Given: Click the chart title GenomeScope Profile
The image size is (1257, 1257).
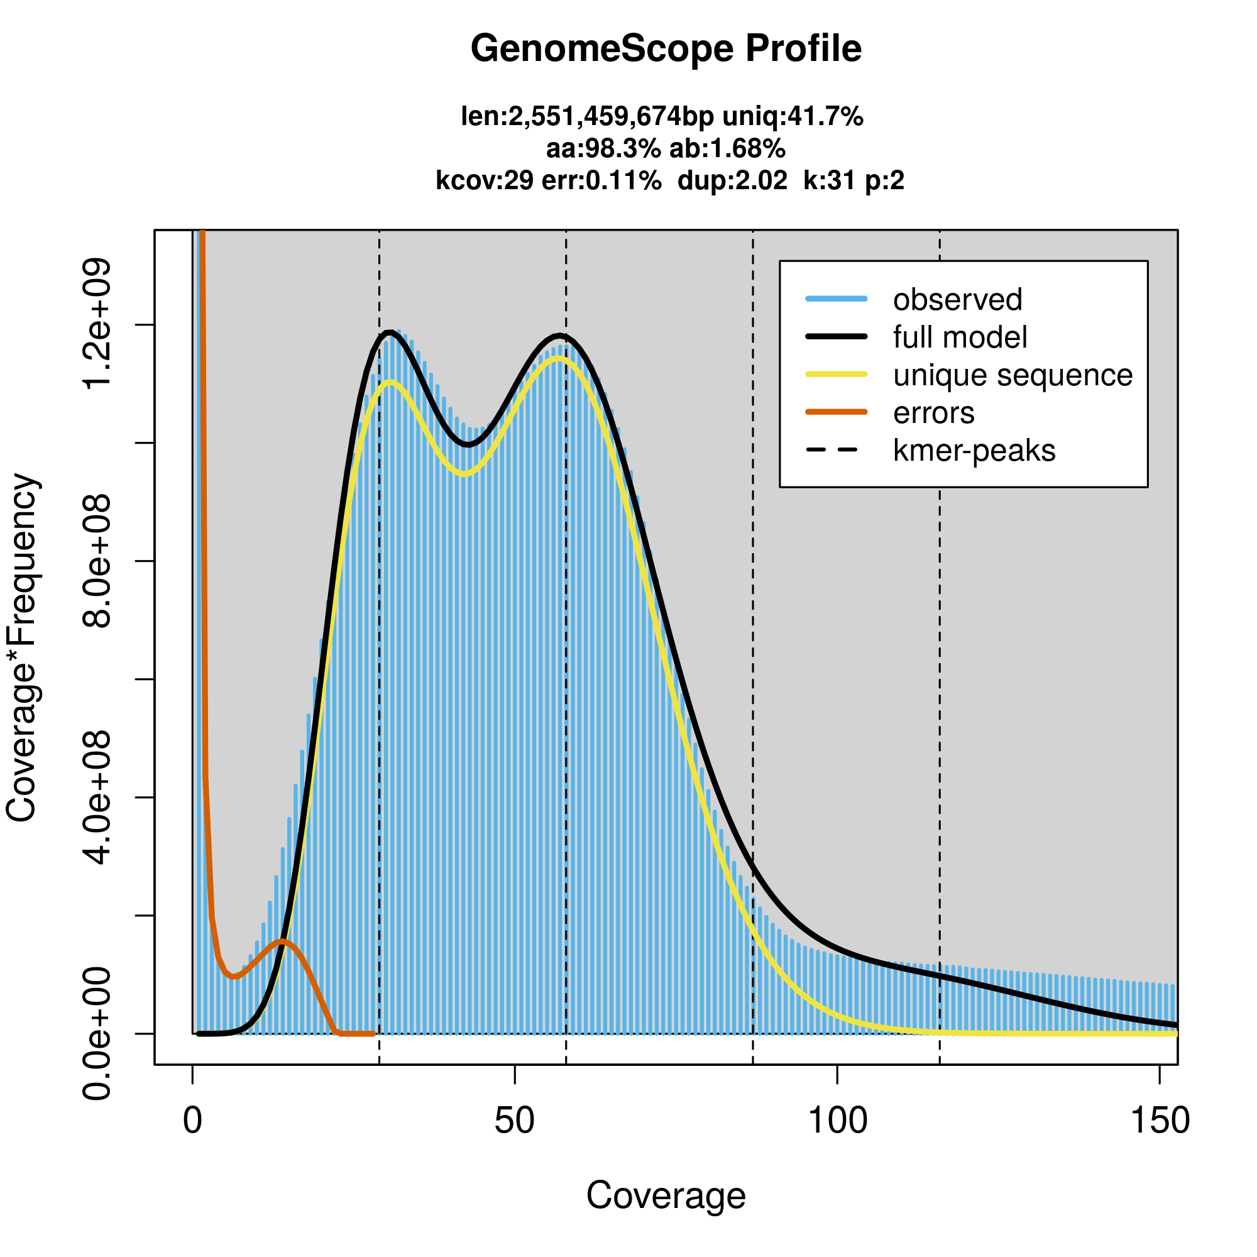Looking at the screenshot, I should (666, 49).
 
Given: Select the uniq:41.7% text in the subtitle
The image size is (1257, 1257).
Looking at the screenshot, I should (793, 117).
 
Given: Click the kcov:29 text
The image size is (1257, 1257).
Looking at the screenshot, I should (484, 180).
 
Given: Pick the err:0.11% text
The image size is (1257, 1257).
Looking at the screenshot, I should (601, 180).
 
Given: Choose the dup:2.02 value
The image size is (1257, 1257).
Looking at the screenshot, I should (732, 180).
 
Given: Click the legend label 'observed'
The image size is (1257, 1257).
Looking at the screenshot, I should (957, 300).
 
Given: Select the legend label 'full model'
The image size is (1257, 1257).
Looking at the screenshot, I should (960, 338).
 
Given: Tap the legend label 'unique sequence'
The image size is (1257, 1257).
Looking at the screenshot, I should (1013, 375).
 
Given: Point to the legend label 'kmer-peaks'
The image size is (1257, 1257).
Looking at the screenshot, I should (974, 451).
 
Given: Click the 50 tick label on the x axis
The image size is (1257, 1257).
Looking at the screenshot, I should (514, 1121).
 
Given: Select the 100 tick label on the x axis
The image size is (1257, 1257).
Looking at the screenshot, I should (837, 1121).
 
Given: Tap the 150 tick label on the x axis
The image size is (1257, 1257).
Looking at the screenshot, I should (1160, 1121).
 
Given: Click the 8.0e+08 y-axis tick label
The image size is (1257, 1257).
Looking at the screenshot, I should (97, 560).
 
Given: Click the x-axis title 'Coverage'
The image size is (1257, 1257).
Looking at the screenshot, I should (666, 1196).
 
